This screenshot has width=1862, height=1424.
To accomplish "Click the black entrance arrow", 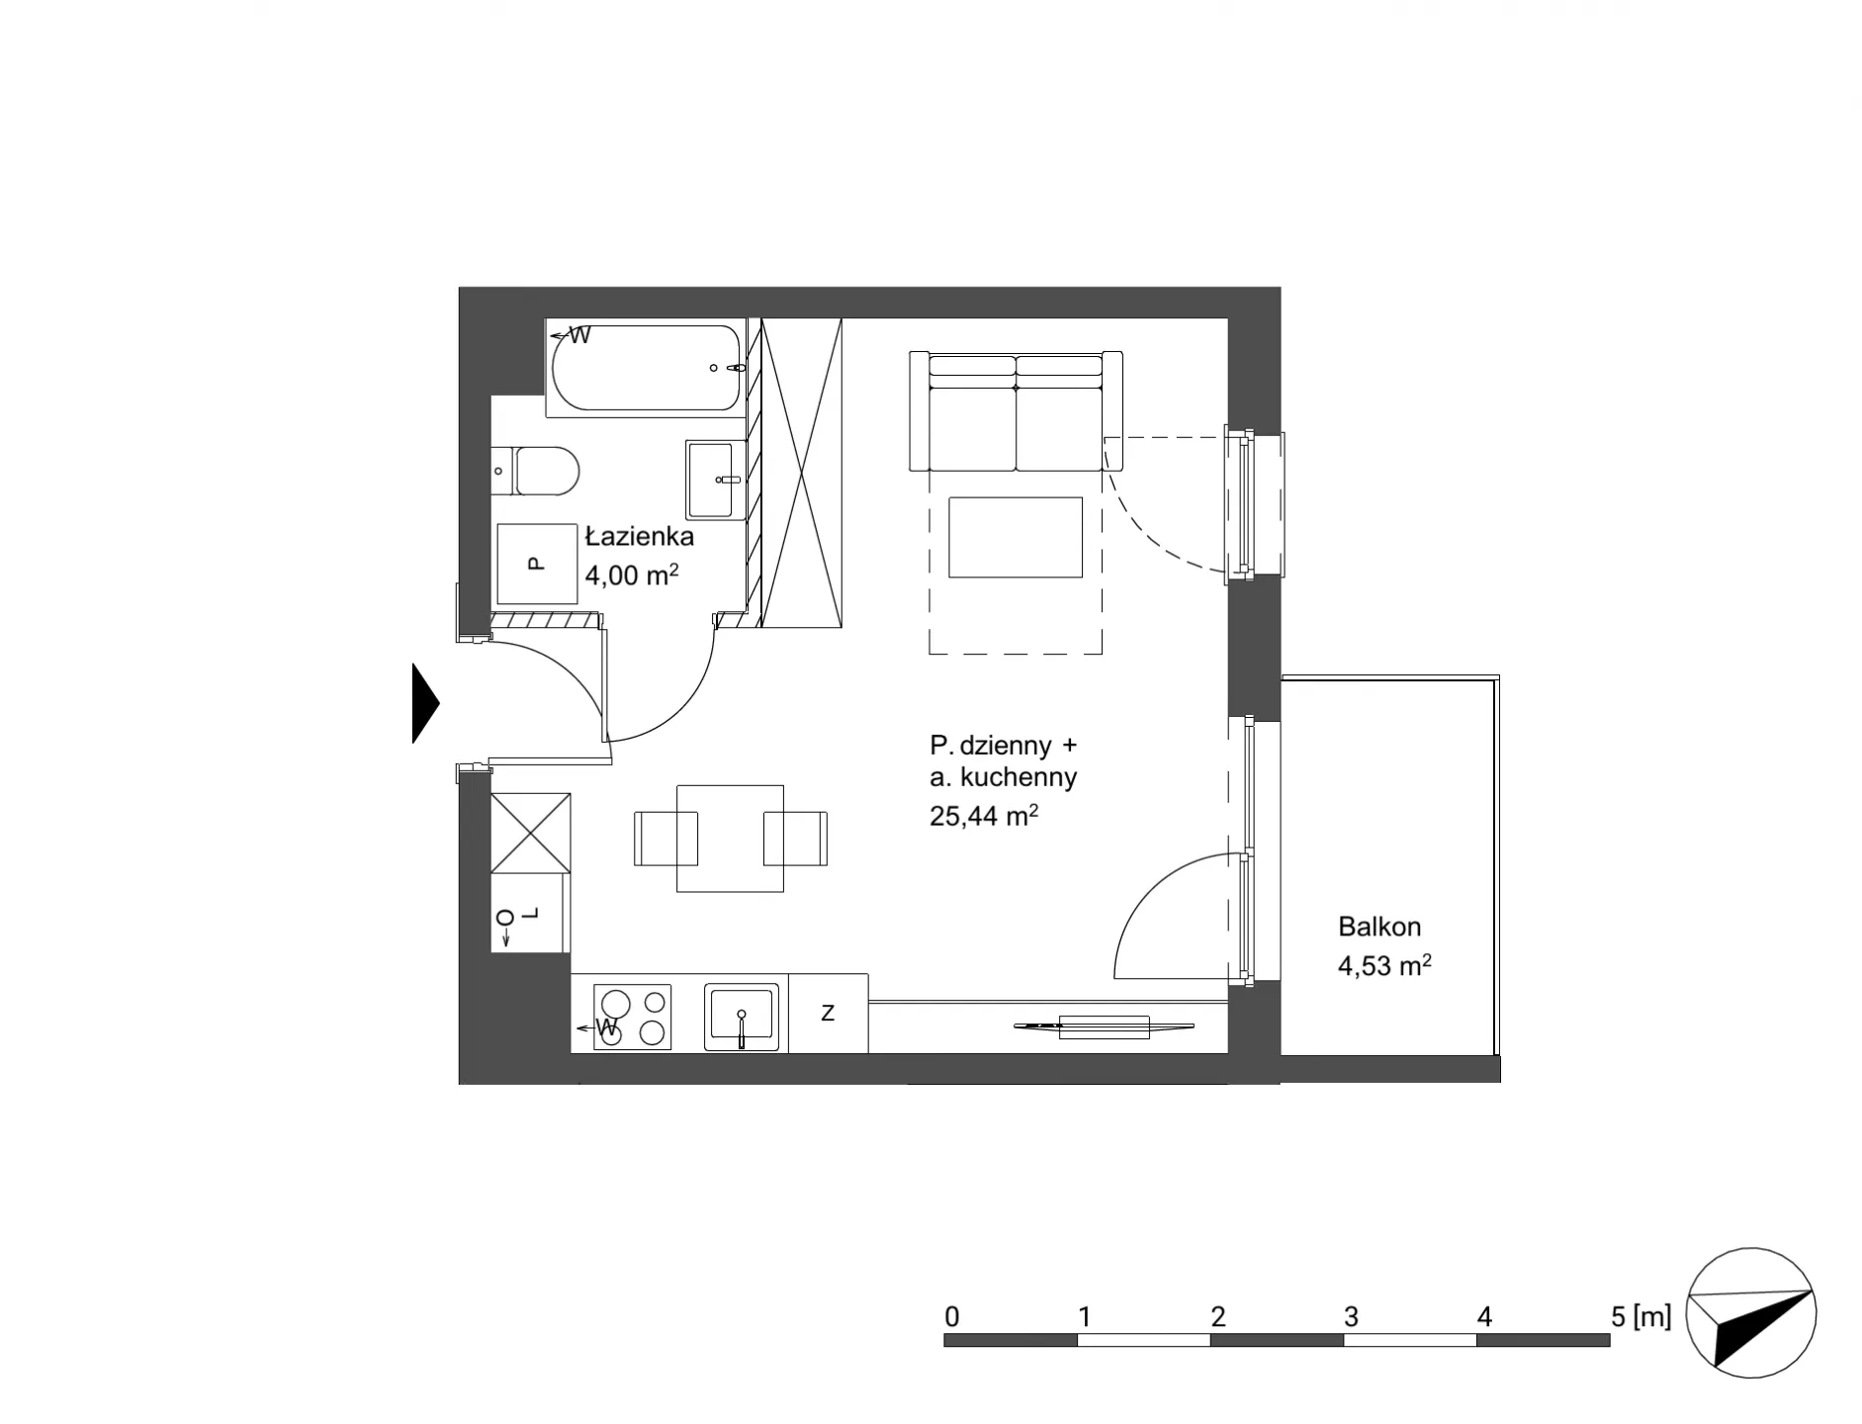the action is pos(425,703).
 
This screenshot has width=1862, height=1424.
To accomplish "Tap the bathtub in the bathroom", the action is pos(646,368).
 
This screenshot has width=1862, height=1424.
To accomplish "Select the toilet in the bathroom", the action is pos(535,471).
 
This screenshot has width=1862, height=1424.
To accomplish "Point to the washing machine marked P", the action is pos(537,564).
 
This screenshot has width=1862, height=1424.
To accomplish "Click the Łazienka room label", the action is pos(639,537).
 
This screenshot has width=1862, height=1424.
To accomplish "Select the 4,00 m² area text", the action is pos(631,575).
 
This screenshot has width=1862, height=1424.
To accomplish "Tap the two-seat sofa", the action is pos(1016,411).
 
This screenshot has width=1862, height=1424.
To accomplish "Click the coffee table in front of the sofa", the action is pos(1015,537).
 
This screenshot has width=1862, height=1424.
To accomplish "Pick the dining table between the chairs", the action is pos(730,839).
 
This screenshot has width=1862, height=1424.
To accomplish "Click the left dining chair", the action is pos(665,839).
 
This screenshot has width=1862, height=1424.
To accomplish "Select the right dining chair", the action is pos(796,839).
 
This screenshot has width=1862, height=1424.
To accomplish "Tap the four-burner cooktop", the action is pos(631,1017).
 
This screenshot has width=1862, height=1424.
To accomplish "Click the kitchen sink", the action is pos(742,1017).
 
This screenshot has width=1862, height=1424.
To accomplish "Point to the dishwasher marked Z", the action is pos(828,1013).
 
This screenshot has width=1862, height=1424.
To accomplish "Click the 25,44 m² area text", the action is pos(984,816).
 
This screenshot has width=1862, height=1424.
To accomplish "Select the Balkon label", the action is pos(1379,927).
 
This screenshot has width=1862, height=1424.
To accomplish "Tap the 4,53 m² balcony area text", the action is pos(1384,965).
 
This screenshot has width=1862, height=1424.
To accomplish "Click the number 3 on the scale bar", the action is pos(1351,1317).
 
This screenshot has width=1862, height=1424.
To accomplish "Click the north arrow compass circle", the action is pos(1750,1312).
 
